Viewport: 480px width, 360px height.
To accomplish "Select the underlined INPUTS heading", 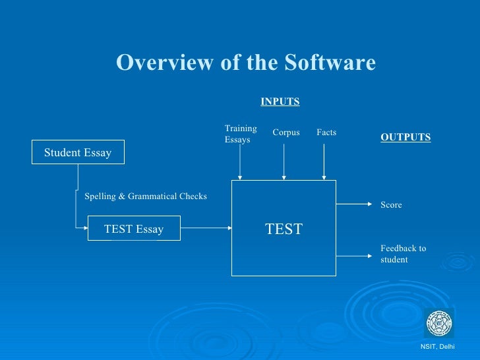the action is [x=280, y=102].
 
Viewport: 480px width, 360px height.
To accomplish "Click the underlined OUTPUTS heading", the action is [x=405, y=137].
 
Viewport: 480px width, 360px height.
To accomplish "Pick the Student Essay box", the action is [x=78, y=153].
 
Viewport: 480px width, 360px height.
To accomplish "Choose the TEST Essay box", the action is [x=134, y=229].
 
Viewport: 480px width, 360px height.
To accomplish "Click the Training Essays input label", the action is [x=241, y=134].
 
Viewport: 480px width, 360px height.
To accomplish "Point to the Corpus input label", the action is [x=286, y=133].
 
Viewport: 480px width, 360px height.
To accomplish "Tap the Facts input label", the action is [x=326, y=133].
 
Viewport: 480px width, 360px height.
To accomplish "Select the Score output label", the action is [x=391, y=205].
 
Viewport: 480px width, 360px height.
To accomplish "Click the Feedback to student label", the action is [x=403, y=254].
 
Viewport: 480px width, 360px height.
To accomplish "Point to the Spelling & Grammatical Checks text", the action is [x=146, y=196].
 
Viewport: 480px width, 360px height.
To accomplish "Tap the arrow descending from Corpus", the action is [x=284, y=162].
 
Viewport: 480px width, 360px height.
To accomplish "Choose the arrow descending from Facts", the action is [x=324, y=162].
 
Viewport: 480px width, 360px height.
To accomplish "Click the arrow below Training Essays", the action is [x=241, y=164].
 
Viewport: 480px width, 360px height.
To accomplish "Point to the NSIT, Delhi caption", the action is [x=437, y=347].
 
